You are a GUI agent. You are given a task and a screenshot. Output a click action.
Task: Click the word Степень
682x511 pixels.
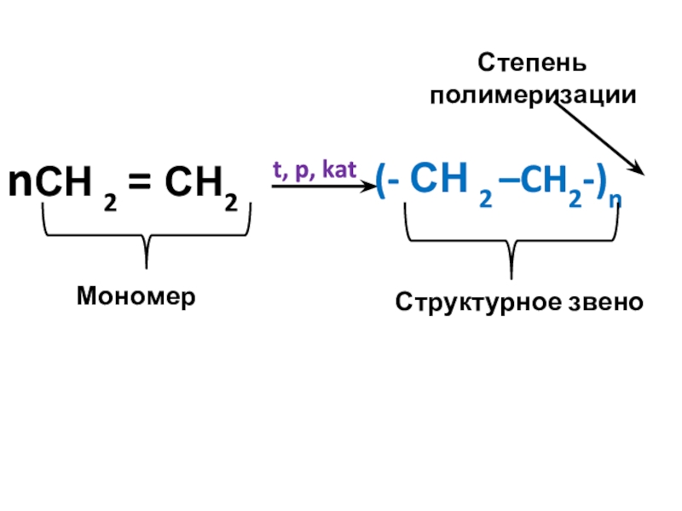point(531,64)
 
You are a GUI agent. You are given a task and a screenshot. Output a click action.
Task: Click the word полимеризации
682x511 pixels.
point(533,95)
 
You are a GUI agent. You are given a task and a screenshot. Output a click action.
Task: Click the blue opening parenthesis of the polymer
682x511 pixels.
point(380,184)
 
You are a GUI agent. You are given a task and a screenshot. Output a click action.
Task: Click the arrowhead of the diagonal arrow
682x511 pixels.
point(638,168)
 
